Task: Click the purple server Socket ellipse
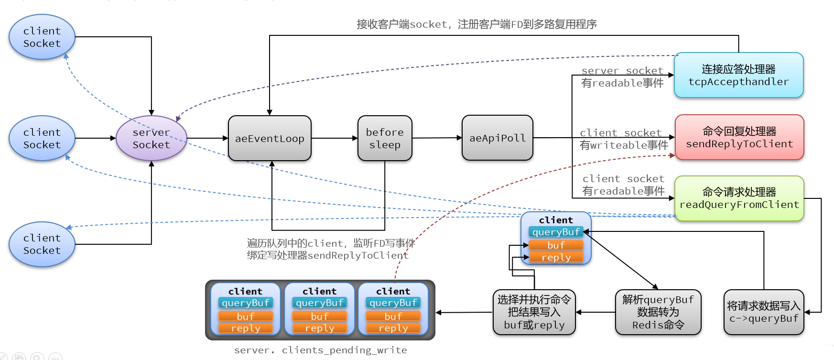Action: pos(151,138)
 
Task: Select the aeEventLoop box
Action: pos(270,139)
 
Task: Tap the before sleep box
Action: pos(385,138)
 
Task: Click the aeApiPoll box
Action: pos(497,138)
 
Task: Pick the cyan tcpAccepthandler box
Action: pos(738,76)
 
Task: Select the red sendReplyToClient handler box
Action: pos(739,138)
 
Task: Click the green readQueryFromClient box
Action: pos(739,198)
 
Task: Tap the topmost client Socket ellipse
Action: pos(42,37)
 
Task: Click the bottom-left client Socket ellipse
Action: pos(42,244)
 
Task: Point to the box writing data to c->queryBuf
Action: pos(763,312)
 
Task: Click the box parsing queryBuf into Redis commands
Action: pos(658,312)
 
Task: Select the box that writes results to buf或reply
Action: pos(534,312)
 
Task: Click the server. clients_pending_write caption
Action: pos(320,350)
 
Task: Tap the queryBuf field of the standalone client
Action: pos(556,232)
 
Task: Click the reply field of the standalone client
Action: pos(556,257)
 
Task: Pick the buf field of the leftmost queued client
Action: pos(246,316)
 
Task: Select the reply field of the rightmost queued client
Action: pos(393,328)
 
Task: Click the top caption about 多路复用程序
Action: pos(477,24)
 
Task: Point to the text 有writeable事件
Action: pos(624,145)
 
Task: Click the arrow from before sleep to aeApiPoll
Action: pos(437,138)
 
